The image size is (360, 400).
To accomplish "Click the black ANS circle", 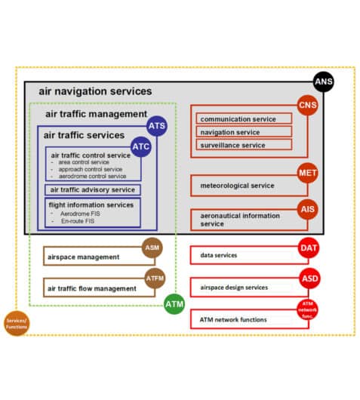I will click(x=323, y=82).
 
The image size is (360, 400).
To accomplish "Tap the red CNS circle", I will click(x=307, y=105).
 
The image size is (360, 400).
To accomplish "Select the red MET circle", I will click(x=307, y=173).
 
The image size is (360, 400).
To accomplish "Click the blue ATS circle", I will click(x=156, y=125).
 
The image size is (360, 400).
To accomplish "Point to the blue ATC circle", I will click(x=141, y=144).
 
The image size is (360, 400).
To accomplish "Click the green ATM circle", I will click(x=174, y=304).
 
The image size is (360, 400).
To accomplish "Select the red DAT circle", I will click(x=309, y=248).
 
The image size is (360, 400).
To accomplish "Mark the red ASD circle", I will click(x=309, y=278).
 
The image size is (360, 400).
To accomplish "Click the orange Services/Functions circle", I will click(x=16, y=323).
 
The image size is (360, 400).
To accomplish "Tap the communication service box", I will click(x=245, y=118).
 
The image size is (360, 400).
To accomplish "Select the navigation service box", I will click(x=245, y=131).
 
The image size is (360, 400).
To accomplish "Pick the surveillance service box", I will click(x=245, y=144).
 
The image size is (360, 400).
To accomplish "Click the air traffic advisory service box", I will click(x=91, y=189).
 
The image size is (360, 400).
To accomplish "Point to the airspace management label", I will click(x=84, y=257).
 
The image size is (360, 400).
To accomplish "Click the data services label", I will click(x=219, y=255).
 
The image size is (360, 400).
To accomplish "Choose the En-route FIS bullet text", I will click(x=79, y=221).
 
